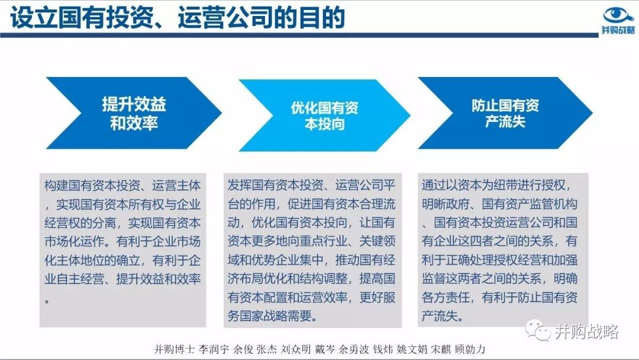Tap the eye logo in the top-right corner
(618, 15)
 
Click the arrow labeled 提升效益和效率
(134, 113)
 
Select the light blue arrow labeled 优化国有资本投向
(324, 115)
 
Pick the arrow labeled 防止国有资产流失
(505, 113)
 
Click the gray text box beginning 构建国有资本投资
(122, 250)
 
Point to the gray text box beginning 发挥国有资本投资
(312, 250)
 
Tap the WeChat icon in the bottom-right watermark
(538, 330)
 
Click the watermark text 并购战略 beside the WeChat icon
(586, 332)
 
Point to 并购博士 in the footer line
(174, 349)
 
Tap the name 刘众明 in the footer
(296, 349)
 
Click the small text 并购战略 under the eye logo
(618, 30)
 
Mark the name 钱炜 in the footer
(383, 349)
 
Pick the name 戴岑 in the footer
(325, 349)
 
